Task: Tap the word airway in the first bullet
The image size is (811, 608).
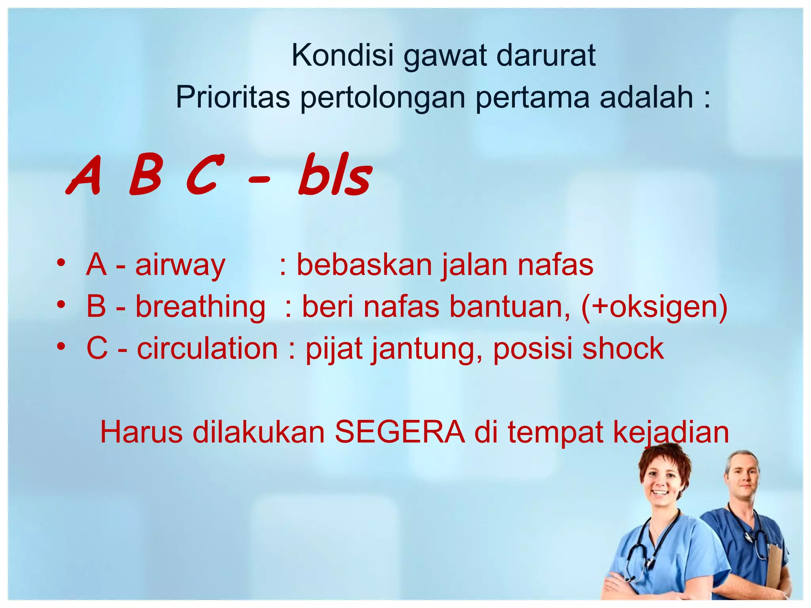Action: tap(180, 265)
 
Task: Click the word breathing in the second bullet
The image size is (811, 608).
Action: tap(200, 307)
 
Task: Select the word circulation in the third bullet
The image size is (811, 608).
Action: tap(207, 348)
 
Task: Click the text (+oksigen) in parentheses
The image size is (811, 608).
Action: tap(654, 307)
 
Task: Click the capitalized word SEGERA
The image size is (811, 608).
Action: tap(400, 432)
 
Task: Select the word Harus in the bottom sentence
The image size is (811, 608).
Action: tap(141, 432)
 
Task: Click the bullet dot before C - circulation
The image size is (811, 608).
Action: tap(61, 347)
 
